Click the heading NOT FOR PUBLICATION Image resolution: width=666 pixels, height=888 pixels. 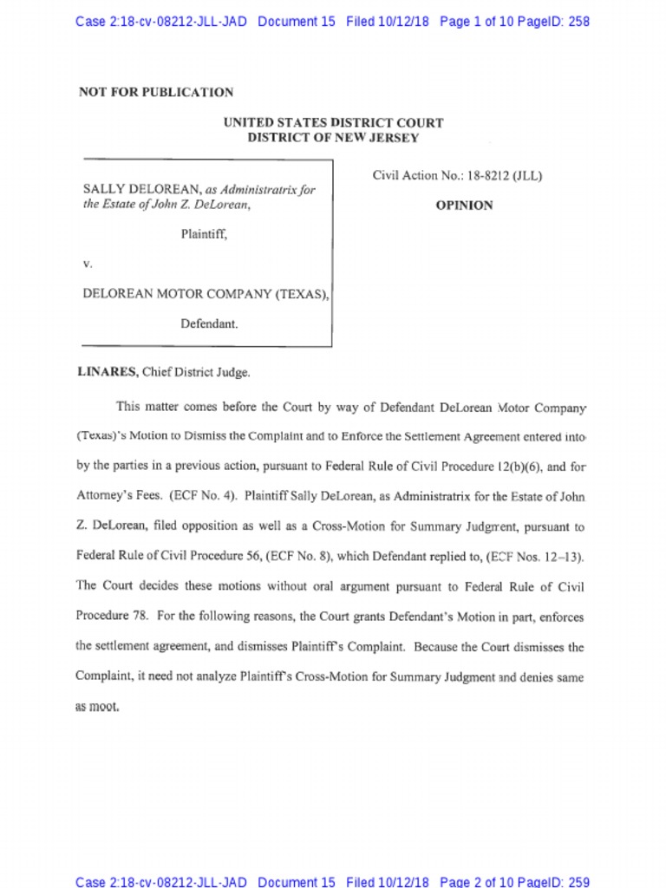click(156, 92)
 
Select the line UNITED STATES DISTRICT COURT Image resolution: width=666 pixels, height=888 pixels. click(333, 123)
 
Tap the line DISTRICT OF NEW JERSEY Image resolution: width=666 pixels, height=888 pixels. click(333, 138)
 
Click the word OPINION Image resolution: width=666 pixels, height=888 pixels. click(464, 206)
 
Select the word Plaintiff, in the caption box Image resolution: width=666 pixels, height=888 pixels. click(204, 233)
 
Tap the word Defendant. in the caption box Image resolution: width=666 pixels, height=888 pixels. click(209, 323)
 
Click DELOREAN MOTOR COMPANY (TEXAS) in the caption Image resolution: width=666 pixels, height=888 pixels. click(205, 294)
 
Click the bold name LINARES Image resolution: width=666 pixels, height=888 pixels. click(108, 372)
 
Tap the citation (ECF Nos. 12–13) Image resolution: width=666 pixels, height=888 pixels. click(533, 556)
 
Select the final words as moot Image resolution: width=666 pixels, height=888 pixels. click(97, 707)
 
